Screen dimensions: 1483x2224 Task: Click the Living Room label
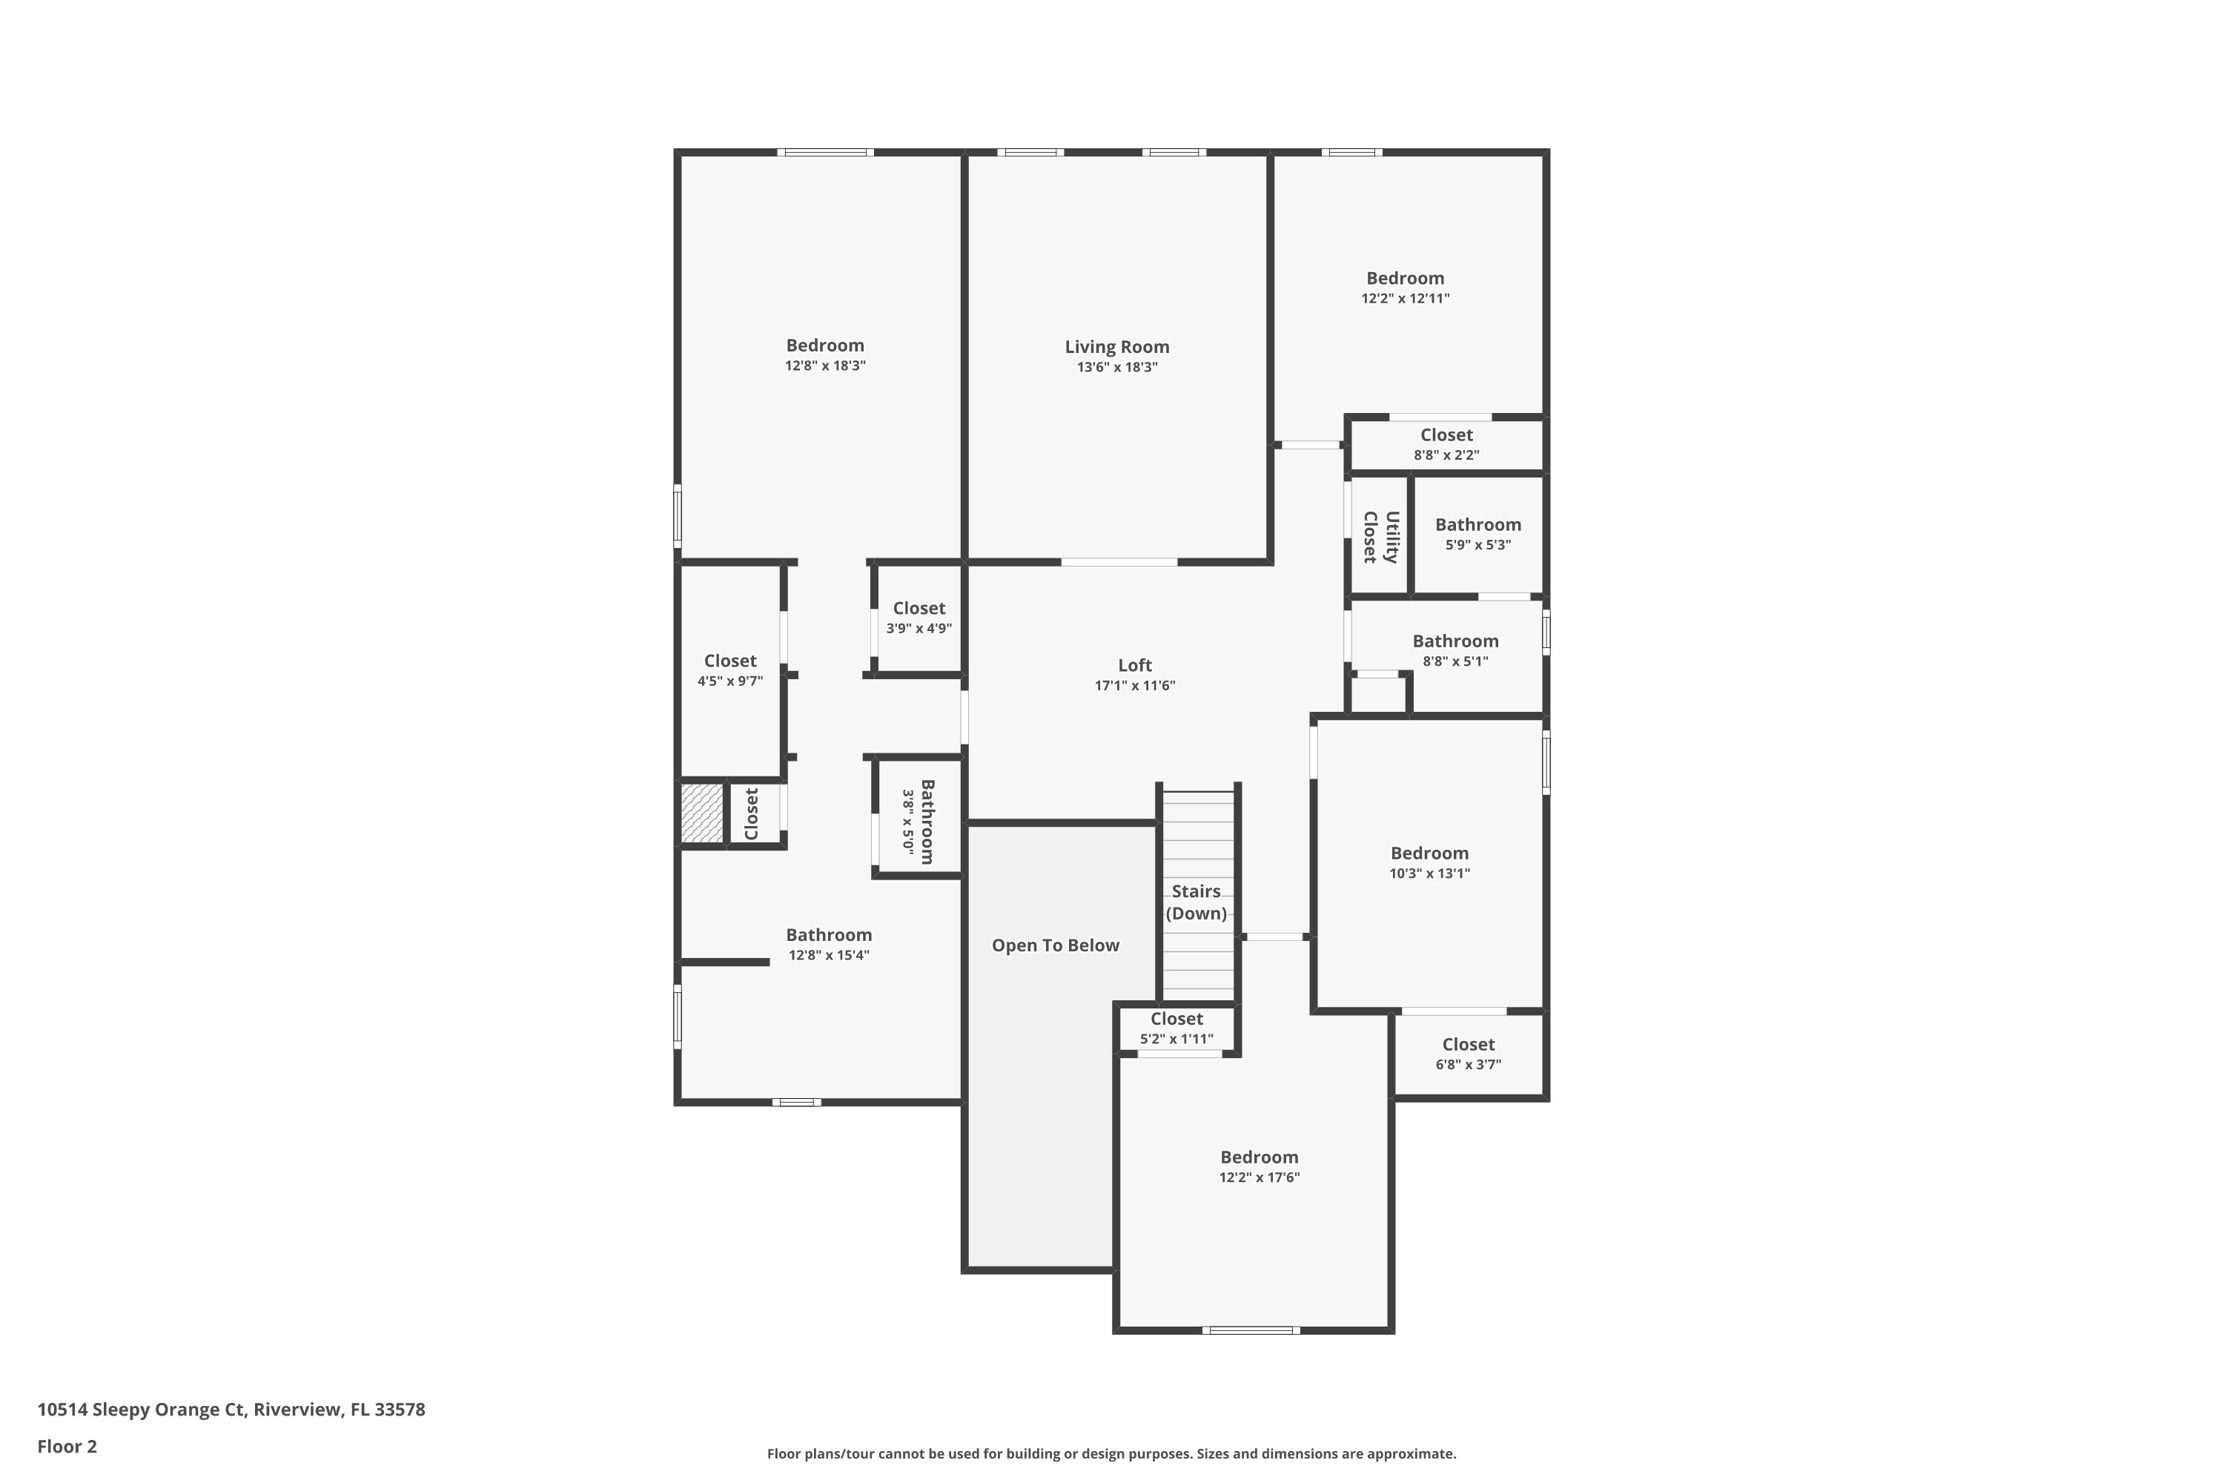pyautogui.click(x=1116, y=347)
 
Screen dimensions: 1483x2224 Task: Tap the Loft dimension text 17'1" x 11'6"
pyautogui.click(x=1135, y=686)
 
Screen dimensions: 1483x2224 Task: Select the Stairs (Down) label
pyautogui.click(x=1197, y=902)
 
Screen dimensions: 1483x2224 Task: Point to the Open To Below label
pyautogui.click(x=1055, y=946)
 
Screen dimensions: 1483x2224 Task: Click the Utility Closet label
pyautogui.click(x=1380, y=537)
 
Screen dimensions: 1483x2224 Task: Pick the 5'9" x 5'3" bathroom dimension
pyautogui.click(x=1478, y=546)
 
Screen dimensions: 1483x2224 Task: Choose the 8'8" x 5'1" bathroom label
pyautogui.click(x=1455, y=641)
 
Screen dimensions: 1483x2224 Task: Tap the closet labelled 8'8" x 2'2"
pyautogui.click(x=1446, y=443)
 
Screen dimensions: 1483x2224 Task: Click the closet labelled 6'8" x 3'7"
pyautogui.click(x=1468, y=1054)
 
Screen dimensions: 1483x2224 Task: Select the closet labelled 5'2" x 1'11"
pyautogui.click(x=1176, y=1028)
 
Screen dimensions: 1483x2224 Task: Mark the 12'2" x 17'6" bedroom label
pyautogui.click(x=1259, y=1157)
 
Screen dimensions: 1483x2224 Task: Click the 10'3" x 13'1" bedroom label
pyautogui.click(x=1429, y=853)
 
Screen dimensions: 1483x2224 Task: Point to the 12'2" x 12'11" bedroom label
pyautogui.click(x=1404, y=279)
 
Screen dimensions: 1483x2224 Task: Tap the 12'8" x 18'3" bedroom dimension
pyautogui.click(x=824, y=366)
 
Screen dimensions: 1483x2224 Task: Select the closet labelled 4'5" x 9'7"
pyautogui.click(x=730, y=670)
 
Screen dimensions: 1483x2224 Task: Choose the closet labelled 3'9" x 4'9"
pyautogui.click(x=919, y=618)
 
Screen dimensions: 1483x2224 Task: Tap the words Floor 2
pyautogui.click(x=67, y=1446)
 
